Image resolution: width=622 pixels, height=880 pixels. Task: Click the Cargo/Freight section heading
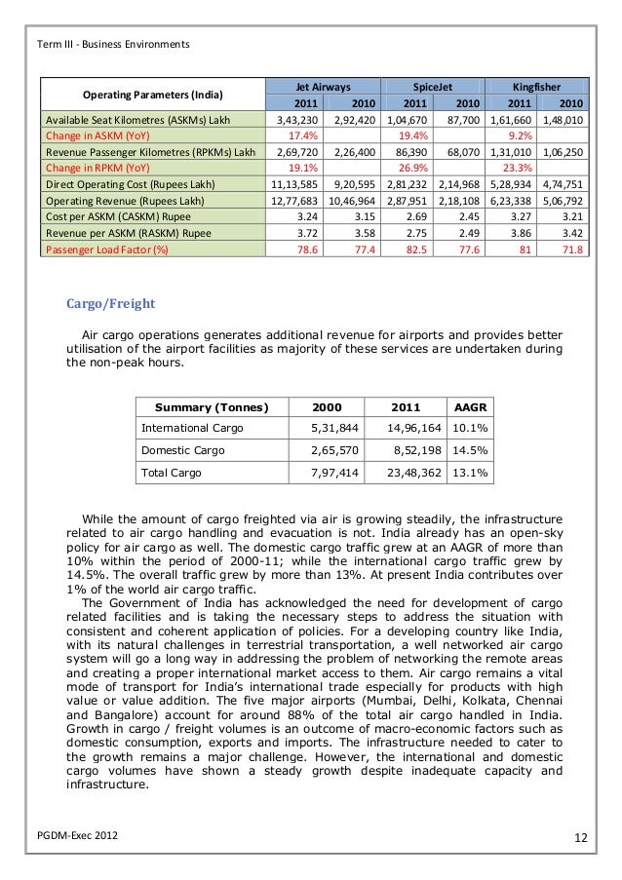[110, 304]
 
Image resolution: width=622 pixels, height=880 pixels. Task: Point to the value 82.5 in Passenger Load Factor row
[416, 249]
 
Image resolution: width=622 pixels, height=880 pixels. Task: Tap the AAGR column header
[474, 405]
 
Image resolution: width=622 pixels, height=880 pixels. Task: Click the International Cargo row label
[193, 428]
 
